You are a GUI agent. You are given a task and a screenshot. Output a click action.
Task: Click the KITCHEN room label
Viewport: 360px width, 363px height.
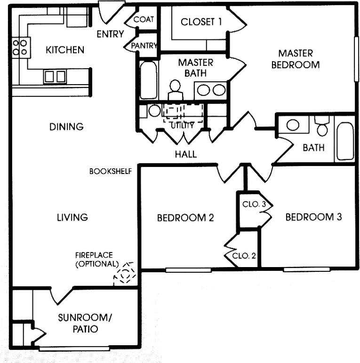pyautogui.click(x=65, y=50)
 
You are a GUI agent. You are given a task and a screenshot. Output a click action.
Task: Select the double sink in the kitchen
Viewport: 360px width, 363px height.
pyautogui.click(x=55, y=76)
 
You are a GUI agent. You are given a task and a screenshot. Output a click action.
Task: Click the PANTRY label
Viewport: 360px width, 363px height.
pyautogui.click(x=144, y=46)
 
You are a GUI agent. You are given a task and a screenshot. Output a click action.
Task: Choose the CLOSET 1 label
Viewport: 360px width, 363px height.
pyautogui.click(x=202, y=22)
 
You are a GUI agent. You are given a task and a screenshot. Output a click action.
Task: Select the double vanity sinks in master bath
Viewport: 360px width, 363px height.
pyautogui.click(x=211, y=89)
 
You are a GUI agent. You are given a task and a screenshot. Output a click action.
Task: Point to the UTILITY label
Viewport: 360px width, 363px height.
pyautogui.click(x=182, y=126)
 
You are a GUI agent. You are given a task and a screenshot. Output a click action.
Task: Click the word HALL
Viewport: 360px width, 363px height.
pyautogui.click(x=185, y=154)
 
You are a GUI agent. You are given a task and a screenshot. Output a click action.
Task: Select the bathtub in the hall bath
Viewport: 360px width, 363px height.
pyautogui.click(x=345, y=140)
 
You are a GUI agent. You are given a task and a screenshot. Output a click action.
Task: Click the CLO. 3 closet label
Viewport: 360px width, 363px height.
pyautogui.click(x=254, y=205)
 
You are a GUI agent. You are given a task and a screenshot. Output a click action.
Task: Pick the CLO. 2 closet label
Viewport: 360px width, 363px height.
pyautogui.click(x=245, y=256)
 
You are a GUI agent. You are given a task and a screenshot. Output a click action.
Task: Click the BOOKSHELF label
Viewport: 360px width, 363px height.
pyautogui.click(x=110, y=171)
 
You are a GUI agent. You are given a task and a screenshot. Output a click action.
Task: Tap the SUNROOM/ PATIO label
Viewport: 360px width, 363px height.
pyautogui.click(x=85, y=324)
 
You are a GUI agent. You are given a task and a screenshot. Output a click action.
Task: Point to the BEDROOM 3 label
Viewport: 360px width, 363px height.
pyautogui.click(x=313, y=217)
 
